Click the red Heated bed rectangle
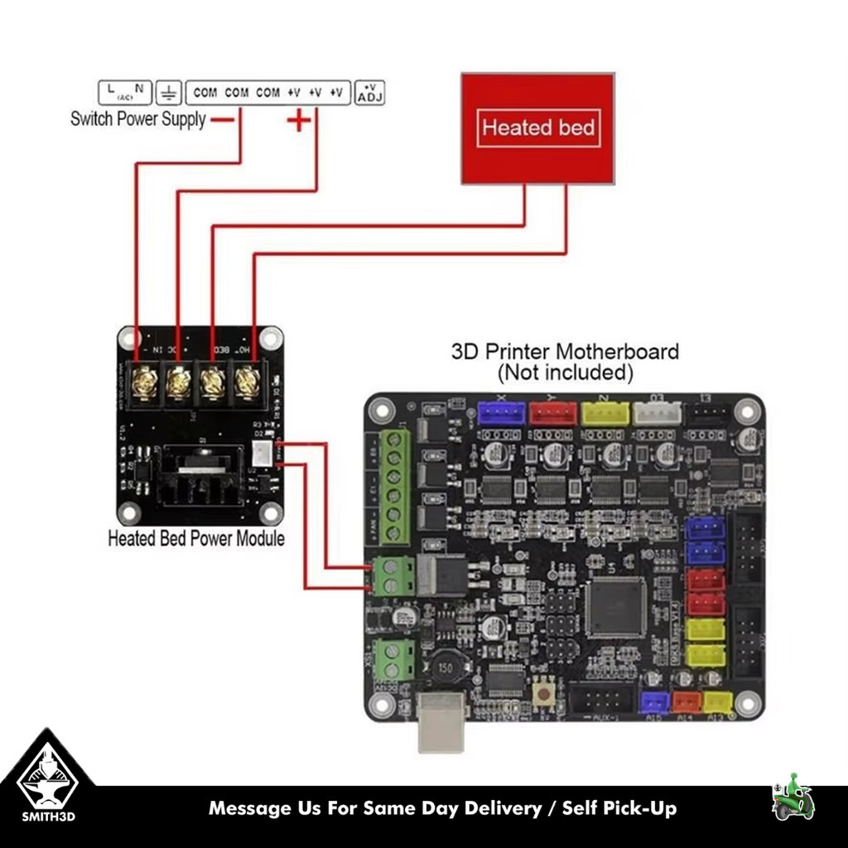(x=537, y=128)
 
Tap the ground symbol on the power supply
(x=169, y=92)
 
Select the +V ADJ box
(x=369, y=92)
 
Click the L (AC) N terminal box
(x=125, y=92)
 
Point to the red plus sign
(x=299, y=121)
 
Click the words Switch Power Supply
(x=137, y=118)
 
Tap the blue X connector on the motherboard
(x=502, y=412)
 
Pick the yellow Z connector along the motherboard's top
(x=605, y=412)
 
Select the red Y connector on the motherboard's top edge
(x=553, y=412)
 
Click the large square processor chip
(x=615, y=607)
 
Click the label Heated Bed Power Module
(x=196, y=538)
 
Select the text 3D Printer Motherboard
(x=565, y=351)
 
